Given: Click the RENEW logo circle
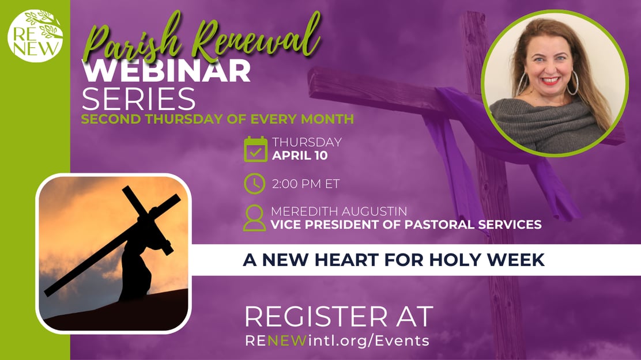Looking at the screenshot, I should [x=35, y=35].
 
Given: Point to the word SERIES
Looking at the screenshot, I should [x=138, y=100].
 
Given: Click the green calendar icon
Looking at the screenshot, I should [x=255, y=149].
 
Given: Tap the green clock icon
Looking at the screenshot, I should [x=255, y=184].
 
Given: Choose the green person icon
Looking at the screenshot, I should [x=255, y=218].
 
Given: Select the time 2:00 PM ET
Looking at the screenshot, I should [x=306, y=184].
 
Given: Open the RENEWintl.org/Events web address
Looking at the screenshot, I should [x=337, y=340].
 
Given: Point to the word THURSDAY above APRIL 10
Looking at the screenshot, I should [x=307, y=142].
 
